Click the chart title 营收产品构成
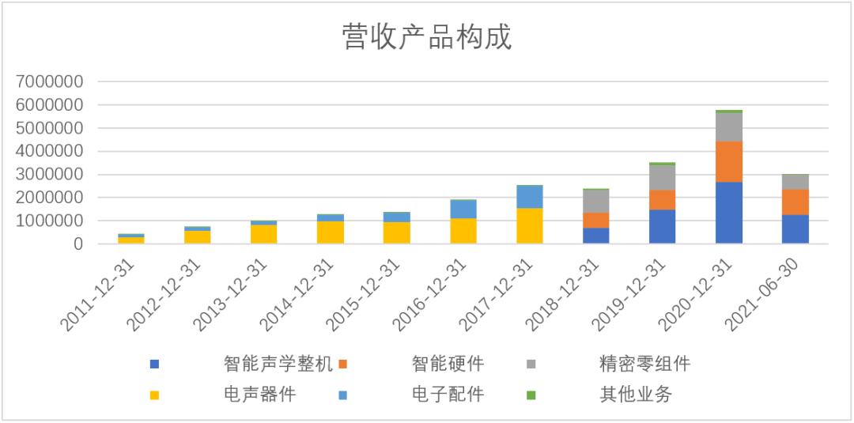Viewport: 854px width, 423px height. tap(427, 37)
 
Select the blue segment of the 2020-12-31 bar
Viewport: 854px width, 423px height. tap(729, 213)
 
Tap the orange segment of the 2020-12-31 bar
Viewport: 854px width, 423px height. tap(729, 161)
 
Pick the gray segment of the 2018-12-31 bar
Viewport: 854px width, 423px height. tap(596, 201)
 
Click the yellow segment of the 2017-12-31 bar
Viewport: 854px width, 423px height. tap(529, 226)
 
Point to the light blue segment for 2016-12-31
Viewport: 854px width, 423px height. tap(463, 209)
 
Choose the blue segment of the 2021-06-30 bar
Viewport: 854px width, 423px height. tap(795, 229)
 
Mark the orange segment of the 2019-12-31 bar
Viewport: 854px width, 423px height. tap(663, 200)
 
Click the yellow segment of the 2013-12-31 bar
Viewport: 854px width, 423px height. tap(263, 234)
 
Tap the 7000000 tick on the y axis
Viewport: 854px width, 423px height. tap(50, 81)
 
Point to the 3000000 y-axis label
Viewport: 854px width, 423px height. tap(50, 175)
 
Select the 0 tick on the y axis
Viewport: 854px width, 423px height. tap(78, 244)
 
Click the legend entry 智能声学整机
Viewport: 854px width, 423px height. tap(278, 363)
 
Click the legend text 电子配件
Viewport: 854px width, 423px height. tap(448, 395)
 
